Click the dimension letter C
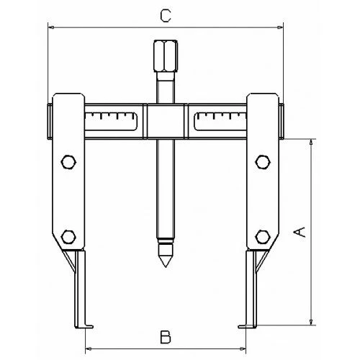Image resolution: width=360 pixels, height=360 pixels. point(166,16)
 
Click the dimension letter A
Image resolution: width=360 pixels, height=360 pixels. point(300,233)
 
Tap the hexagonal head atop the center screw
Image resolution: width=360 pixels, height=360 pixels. point(166,56)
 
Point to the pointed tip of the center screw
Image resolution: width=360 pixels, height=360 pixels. point(166,267)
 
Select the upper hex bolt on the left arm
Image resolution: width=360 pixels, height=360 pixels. point(68,162)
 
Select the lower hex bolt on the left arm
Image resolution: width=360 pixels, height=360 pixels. point(68,237)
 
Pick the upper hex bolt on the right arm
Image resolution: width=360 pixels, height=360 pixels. point(263,162)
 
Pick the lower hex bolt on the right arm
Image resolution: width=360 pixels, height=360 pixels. point(263,237)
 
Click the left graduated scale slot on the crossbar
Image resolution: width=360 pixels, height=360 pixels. point(111,122)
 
